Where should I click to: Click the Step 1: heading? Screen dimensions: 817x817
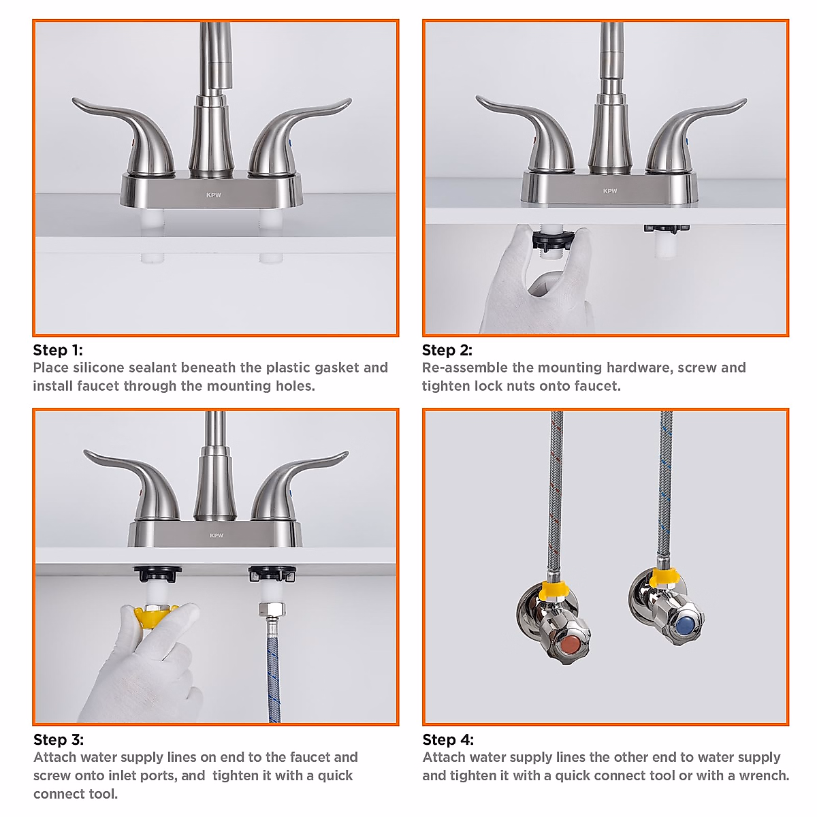58,351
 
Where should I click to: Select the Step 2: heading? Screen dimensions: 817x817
447,351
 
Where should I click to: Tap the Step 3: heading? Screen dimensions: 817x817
59,740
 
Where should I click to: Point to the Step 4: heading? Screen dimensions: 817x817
448,740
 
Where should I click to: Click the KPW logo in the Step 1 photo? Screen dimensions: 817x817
214,195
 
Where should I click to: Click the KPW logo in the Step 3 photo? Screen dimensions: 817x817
217,536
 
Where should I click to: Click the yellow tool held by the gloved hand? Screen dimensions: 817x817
155,618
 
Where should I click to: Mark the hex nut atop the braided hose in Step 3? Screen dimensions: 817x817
272,609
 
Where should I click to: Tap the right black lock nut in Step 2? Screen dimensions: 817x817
665,229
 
